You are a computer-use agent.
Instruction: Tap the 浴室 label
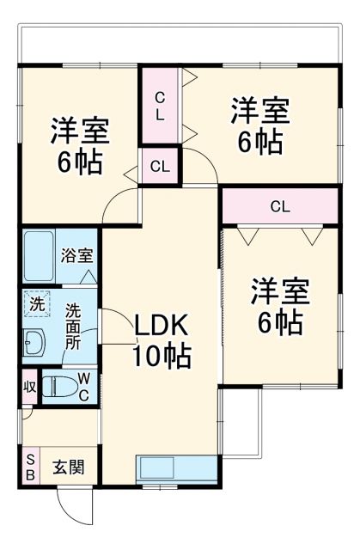77,255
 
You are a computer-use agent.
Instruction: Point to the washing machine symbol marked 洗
36,303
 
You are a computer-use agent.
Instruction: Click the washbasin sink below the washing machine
34,342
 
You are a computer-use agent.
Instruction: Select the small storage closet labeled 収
29,386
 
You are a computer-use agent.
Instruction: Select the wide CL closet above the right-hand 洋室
279,206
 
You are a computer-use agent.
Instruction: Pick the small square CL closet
160,166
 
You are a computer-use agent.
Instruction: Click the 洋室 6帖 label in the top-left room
79,144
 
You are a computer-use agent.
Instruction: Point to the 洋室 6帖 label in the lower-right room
279,306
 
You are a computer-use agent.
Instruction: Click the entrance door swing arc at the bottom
76,507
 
